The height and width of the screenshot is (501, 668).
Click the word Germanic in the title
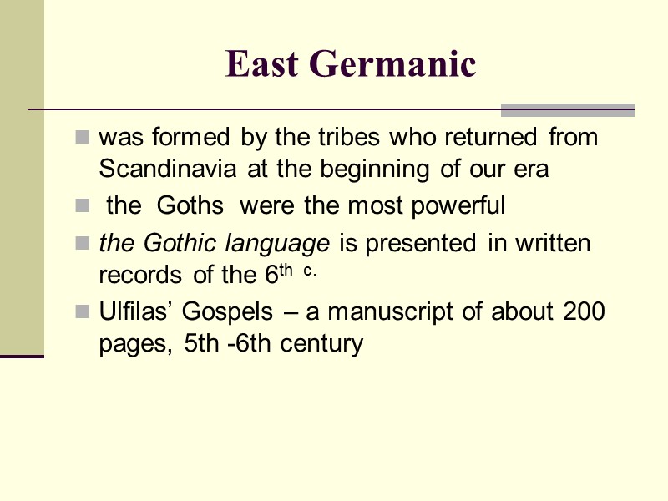[x=392, y=64]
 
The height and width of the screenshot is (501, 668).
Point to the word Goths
[x=190, y=205]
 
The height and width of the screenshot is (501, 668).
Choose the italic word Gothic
[x=177, y=244]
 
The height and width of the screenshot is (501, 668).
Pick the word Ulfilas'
[x=136, y=312]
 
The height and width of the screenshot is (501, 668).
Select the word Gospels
[x=228, y=312]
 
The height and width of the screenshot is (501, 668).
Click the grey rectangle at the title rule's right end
[x=568, y=110]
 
